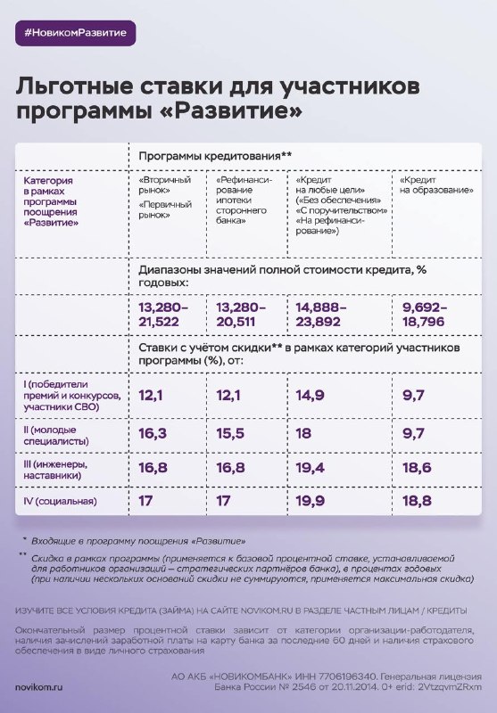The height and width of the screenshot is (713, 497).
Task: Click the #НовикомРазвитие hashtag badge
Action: click(x=76, y=33)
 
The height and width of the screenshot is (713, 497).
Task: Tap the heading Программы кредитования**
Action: click(x=215, y=157)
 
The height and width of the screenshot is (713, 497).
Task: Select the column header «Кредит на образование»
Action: click(x=436, y=185)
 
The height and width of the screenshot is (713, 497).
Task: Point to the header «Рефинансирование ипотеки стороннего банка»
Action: click(x=244, y=201)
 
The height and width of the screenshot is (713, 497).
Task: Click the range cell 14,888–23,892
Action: click(x=320, y=315)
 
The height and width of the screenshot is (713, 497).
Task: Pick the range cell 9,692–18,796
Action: click(x=424, y=315)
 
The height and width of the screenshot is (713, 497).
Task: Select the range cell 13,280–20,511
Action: click(x=240, y=315)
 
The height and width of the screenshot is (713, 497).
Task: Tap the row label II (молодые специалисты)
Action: click(x=56, y=436)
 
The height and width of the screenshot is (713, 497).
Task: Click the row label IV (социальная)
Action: click(x=60, y=502)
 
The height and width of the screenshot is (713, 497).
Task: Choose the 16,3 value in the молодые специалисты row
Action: click(x=153, y=433)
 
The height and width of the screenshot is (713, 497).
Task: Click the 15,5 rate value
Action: click(x=230, y=433)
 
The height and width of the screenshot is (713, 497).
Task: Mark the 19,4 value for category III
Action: click(x=310, y=467)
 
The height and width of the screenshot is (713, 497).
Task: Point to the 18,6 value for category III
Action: click(x=417, y=467)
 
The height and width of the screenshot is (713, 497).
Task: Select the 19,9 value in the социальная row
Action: click(x=310, y=501)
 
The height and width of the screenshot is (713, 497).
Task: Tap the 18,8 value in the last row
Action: click(x=417, y=501)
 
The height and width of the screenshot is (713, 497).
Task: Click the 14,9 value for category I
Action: click(x=310, y=396)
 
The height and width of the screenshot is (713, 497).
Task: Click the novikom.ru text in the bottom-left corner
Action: click(x=38, y=687)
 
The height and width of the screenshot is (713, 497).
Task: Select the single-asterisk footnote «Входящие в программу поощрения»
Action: click(x=138, y=541)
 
